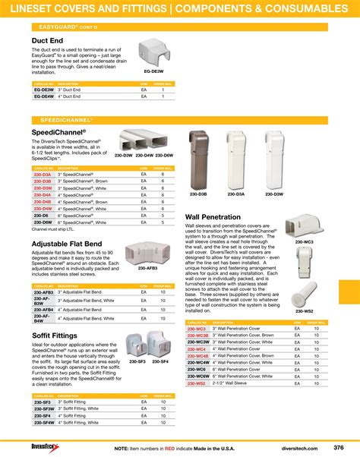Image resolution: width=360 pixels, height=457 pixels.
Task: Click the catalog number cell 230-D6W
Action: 43,222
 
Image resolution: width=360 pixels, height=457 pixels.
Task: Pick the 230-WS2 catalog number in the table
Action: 196,383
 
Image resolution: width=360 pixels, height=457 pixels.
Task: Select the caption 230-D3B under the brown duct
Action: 197,194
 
